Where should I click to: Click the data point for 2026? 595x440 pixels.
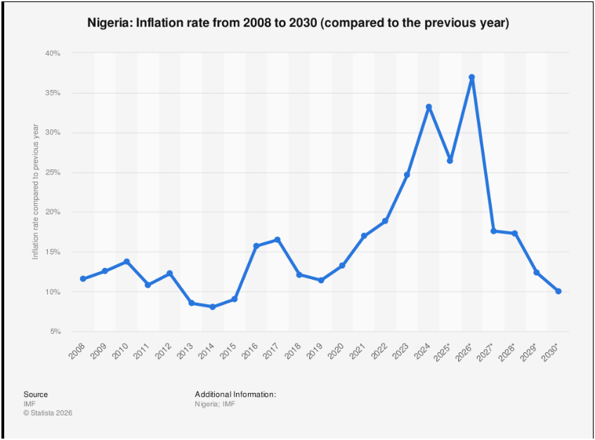tap(471, 77)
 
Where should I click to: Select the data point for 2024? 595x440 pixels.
tap(429, 107)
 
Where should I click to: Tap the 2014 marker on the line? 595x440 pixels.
tap(212, 306)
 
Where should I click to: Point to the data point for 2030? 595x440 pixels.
tap(558, 291)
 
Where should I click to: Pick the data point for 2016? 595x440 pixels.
tap(256, 246)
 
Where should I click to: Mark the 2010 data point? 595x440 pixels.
tap(126, 261)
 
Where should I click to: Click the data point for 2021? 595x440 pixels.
tap(364, 236)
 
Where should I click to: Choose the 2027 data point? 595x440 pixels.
tap(493, 231)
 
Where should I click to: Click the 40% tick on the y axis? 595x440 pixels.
tap(52, 53)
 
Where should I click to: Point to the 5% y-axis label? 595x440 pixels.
tap(54, 332)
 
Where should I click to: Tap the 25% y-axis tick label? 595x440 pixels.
tap(52, 173)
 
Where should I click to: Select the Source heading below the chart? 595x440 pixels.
tap(36, 394)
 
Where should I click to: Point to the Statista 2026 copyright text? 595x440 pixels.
tap(48, 413)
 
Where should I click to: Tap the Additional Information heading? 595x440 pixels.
tap(235, 394)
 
